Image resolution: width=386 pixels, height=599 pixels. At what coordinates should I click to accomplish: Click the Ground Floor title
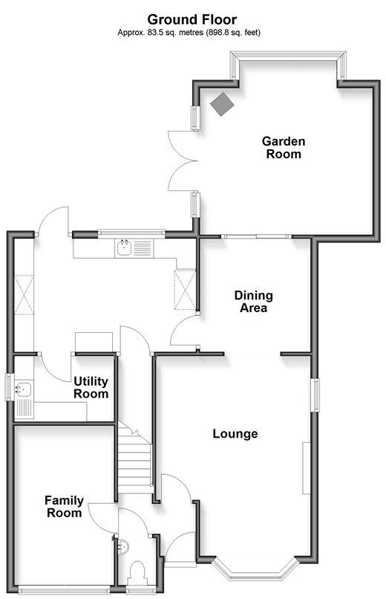pyautogui.click(x=192, y=19)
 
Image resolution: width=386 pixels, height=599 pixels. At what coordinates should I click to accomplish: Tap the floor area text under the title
pyautogui.click(x=189, y=33)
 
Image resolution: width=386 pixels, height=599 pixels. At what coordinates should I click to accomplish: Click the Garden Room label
pyautogui.click(x=284, y=147)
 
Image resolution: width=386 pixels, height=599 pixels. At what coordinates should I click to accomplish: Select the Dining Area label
pyautogui.click(x=253, y=302)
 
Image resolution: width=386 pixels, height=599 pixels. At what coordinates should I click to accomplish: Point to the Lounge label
pyautogui.click(x=235, y=433)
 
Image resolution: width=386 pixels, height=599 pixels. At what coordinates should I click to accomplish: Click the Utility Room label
pyautogui.click(x=91, y=387)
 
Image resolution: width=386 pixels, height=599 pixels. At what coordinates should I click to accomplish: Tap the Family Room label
pyautogui.click(x=64, y=507)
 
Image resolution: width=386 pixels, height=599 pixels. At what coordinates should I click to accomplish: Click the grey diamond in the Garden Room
pyautogui.click(x=222, y=103)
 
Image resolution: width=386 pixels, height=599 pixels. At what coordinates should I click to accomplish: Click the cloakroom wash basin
pyautogui.click(x=124, y=547)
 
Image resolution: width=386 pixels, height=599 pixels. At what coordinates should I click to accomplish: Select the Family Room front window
pyautogui.click(x=66, y=590)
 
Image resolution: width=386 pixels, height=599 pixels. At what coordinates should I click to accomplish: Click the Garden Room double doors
pyautogui.click(x=183, y=161)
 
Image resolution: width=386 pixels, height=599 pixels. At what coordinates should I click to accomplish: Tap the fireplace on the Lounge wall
pyautogui.click(x=307, y=468)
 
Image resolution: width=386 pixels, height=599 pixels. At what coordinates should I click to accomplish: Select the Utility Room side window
pyautogui.click(x=9, y=386)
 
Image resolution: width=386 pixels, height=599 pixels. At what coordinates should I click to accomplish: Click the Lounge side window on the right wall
pyautogui.click(x=315, y=395)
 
